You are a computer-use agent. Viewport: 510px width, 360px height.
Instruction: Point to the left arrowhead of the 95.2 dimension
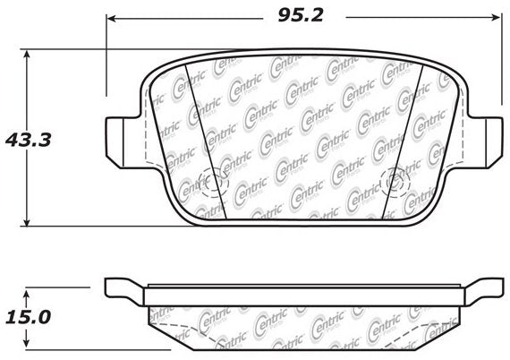pos(111,16)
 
